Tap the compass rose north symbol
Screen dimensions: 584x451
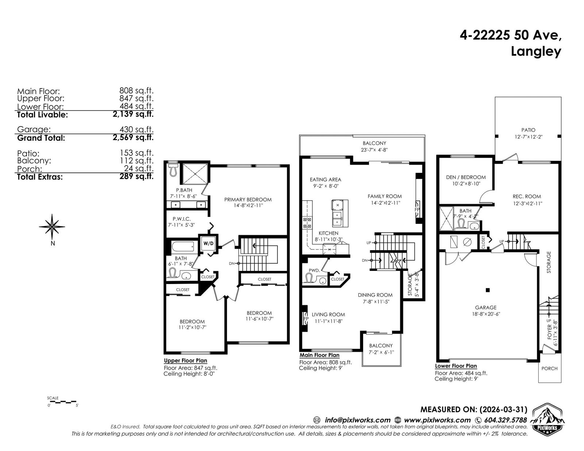[52, 226]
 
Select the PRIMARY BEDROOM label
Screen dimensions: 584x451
[248, 199]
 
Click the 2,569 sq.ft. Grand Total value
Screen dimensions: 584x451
[133, 137]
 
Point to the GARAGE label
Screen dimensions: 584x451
[486, 307]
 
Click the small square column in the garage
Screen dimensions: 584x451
[488, 290]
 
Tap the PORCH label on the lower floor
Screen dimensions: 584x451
[549, 368]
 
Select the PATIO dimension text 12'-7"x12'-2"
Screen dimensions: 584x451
[529, 137]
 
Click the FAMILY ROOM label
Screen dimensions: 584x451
[385, 196]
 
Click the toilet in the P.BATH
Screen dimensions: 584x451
[173, 170]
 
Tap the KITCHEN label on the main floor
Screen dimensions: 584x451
[328, 233]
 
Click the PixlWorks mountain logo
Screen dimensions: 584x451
[549, 420]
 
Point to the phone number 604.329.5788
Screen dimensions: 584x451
[506, 420]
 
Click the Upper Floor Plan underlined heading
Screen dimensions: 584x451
[185, 361]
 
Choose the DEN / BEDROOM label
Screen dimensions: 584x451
[466, 177]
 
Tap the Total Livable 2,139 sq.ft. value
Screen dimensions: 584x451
[133, 114]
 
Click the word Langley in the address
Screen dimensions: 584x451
[536, 52]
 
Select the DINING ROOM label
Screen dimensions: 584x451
[375, 295]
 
